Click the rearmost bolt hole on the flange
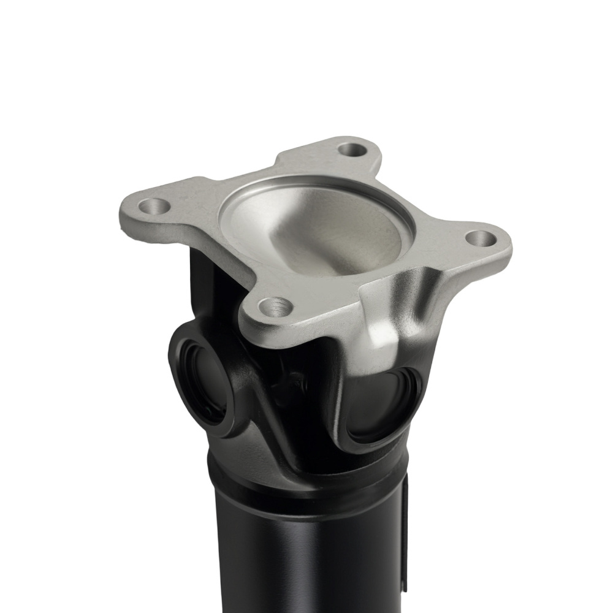point(352,148)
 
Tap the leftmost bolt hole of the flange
point(153,206)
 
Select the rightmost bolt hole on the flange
point(480,237)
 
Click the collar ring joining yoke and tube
point(306,484)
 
